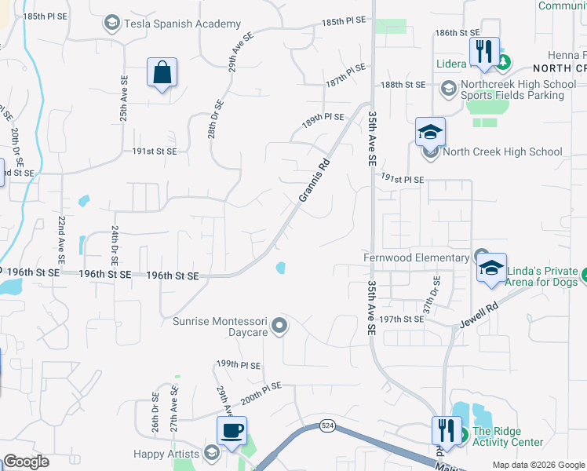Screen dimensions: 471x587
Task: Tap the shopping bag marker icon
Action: pos(162,73)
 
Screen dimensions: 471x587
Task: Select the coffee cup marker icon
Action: pos(232,431)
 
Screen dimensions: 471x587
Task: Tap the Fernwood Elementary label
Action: pos(415,257)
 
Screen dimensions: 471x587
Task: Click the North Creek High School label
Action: pos(502,152)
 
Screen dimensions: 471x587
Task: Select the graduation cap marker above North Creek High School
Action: pos(430,132)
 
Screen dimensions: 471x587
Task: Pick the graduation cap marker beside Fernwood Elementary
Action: pos(492,268)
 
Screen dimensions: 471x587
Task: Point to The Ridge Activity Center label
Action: pos(507,436)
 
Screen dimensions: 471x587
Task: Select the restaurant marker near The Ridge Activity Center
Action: pos(446,431)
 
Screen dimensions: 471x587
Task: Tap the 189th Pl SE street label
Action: pos(323,117)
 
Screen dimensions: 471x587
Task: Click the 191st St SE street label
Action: pos(155,151)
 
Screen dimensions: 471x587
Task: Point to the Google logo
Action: pos(26,461)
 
